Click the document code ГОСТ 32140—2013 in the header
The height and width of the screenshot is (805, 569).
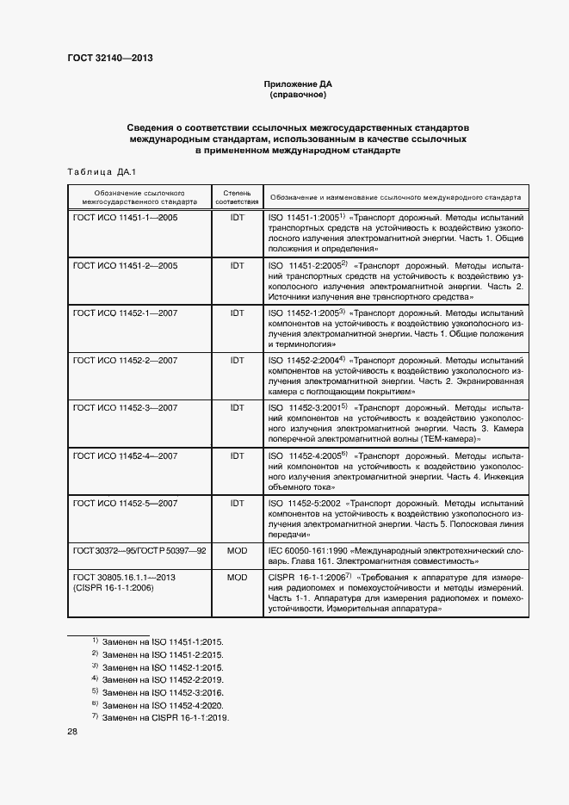(110, 59)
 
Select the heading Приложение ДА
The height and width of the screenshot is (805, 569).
(297, 84)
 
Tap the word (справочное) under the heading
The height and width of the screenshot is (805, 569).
(297, 95)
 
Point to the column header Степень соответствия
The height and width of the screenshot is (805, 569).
(238, 196)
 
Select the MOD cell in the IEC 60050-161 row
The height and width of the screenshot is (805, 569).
(238, 549)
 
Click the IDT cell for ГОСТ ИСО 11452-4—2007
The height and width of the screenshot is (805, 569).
(238, 455)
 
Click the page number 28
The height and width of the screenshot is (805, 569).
(72, 732)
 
